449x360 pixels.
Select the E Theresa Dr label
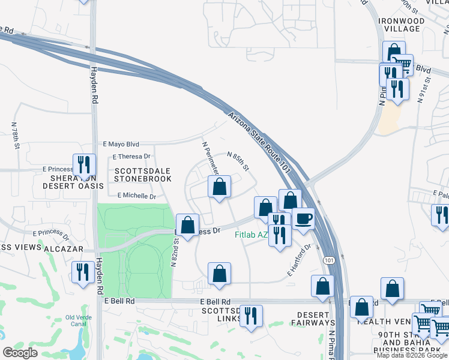[131, 157]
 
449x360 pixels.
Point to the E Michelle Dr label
[136, 196]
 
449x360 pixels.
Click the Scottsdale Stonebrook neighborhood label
[143, 175]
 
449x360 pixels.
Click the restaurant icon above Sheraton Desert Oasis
[84, 165]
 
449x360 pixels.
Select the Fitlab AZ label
[250, 235]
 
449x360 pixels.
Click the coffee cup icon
[303, 219]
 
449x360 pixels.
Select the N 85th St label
[238, 160]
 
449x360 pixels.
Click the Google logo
[20, 352]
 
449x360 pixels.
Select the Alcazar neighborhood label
[60, 248]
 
